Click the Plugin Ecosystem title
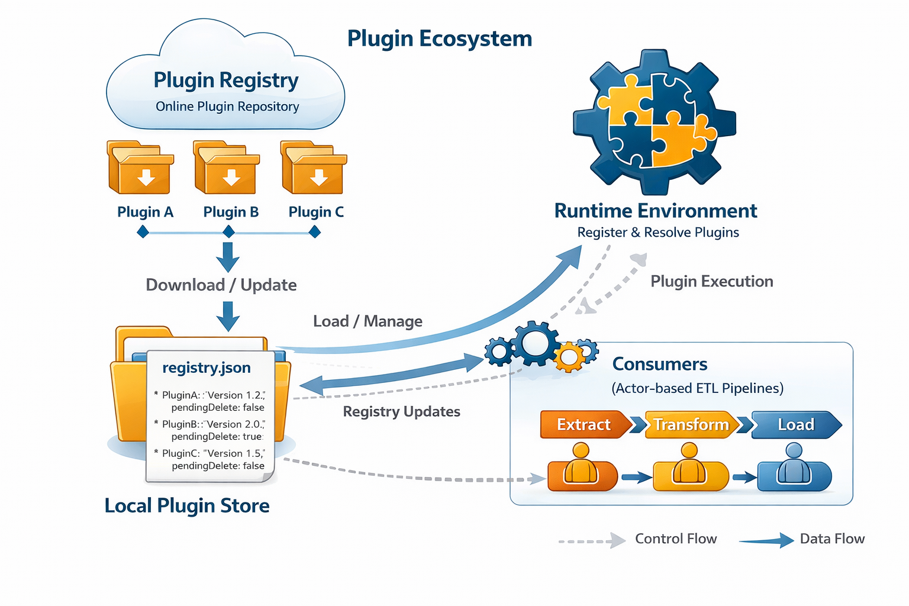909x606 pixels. [439, 38]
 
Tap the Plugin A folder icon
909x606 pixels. [140, 168]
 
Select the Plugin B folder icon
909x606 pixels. [227, 168]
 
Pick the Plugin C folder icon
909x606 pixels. [314, 168]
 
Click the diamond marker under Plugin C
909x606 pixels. [315, 233]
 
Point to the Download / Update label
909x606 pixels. [221, 285]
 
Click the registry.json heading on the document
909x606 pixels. [207, 368]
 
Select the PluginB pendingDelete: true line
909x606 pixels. [216, 436]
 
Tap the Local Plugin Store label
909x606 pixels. [187, 506]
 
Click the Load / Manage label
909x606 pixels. [368, 321]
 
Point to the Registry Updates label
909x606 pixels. [401, 412]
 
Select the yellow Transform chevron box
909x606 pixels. [691, 425]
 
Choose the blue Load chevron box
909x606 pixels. [795, 425]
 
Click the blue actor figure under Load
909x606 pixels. [794, 469]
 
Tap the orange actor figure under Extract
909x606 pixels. [582, 469]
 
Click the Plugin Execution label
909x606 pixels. [711, 282]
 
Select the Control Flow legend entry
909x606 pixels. [675, 539]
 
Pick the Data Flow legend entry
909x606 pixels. [831, 539]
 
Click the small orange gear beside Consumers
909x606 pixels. [569, 357]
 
